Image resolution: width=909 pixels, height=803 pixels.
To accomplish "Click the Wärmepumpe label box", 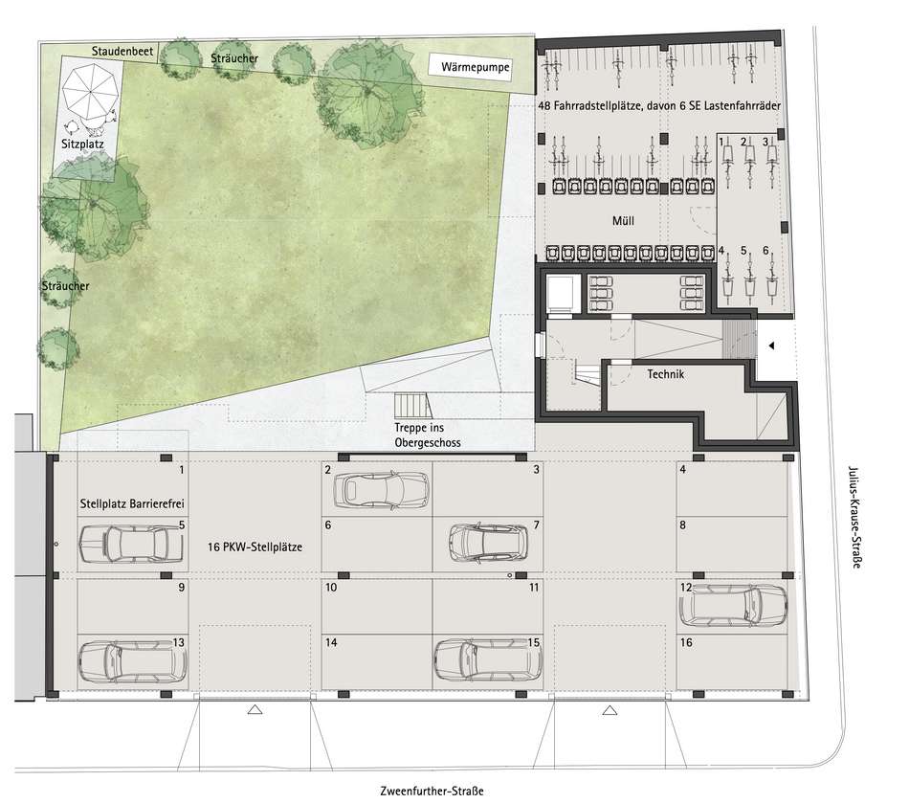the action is click(x=470, y=66).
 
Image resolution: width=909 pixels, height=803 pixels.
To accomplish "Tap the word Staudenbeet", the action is click(x=122, y=51).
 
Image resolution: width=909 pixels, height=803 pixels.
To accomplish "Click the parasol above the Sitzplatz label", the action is click(x=90, y=91).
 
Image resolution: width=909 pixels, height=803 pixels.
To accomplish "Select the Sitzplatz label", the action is click(x=82, y=144).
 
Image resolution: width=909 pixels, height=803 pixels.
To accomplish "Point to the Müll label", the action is click(x=623, y=221).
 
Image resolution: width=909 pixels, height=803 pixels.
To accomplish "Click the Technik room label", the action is click(x=666, y=374).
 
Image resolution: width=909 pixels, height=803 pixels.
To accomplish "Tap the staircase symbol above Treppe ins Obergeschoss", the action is click(x=413, y=405).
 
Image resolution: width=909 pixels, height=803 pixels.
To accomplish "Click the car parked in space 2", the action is click(x=381, y=490).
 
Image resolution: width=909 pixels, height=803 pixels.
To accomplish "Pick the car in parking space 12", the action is click(x=733, y=605).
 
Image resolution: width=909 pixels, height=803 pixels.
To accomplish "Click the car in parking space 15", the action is click(x=488, y=660).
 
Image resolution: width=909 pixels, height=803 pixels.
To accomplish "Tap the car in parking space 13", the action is click(x=132, y=661).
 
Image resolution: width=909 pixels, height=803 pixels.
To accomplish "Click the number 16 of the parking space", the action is click(x=686, y=642).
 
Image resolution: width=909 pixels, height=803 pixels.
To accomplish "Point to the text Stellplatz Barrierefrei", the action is click(x=132, y=503).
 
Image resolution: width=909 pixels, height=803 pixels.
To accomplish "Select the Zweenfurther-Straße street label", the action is click(x=432, y=791).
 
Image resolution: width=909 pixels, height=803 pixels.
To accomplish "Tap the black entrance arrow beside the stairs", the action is click(x=771, y=346).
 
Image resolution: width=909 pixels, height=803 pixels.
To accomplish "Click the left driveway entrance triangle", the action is click(x=255, y=709).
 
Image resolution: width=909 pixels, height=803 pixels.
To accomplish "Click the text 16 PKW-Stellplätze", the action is click(x=255, y=546).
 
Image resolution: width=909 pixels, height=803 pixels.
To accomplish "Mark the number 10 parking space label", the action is click(x=331, y=588).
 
